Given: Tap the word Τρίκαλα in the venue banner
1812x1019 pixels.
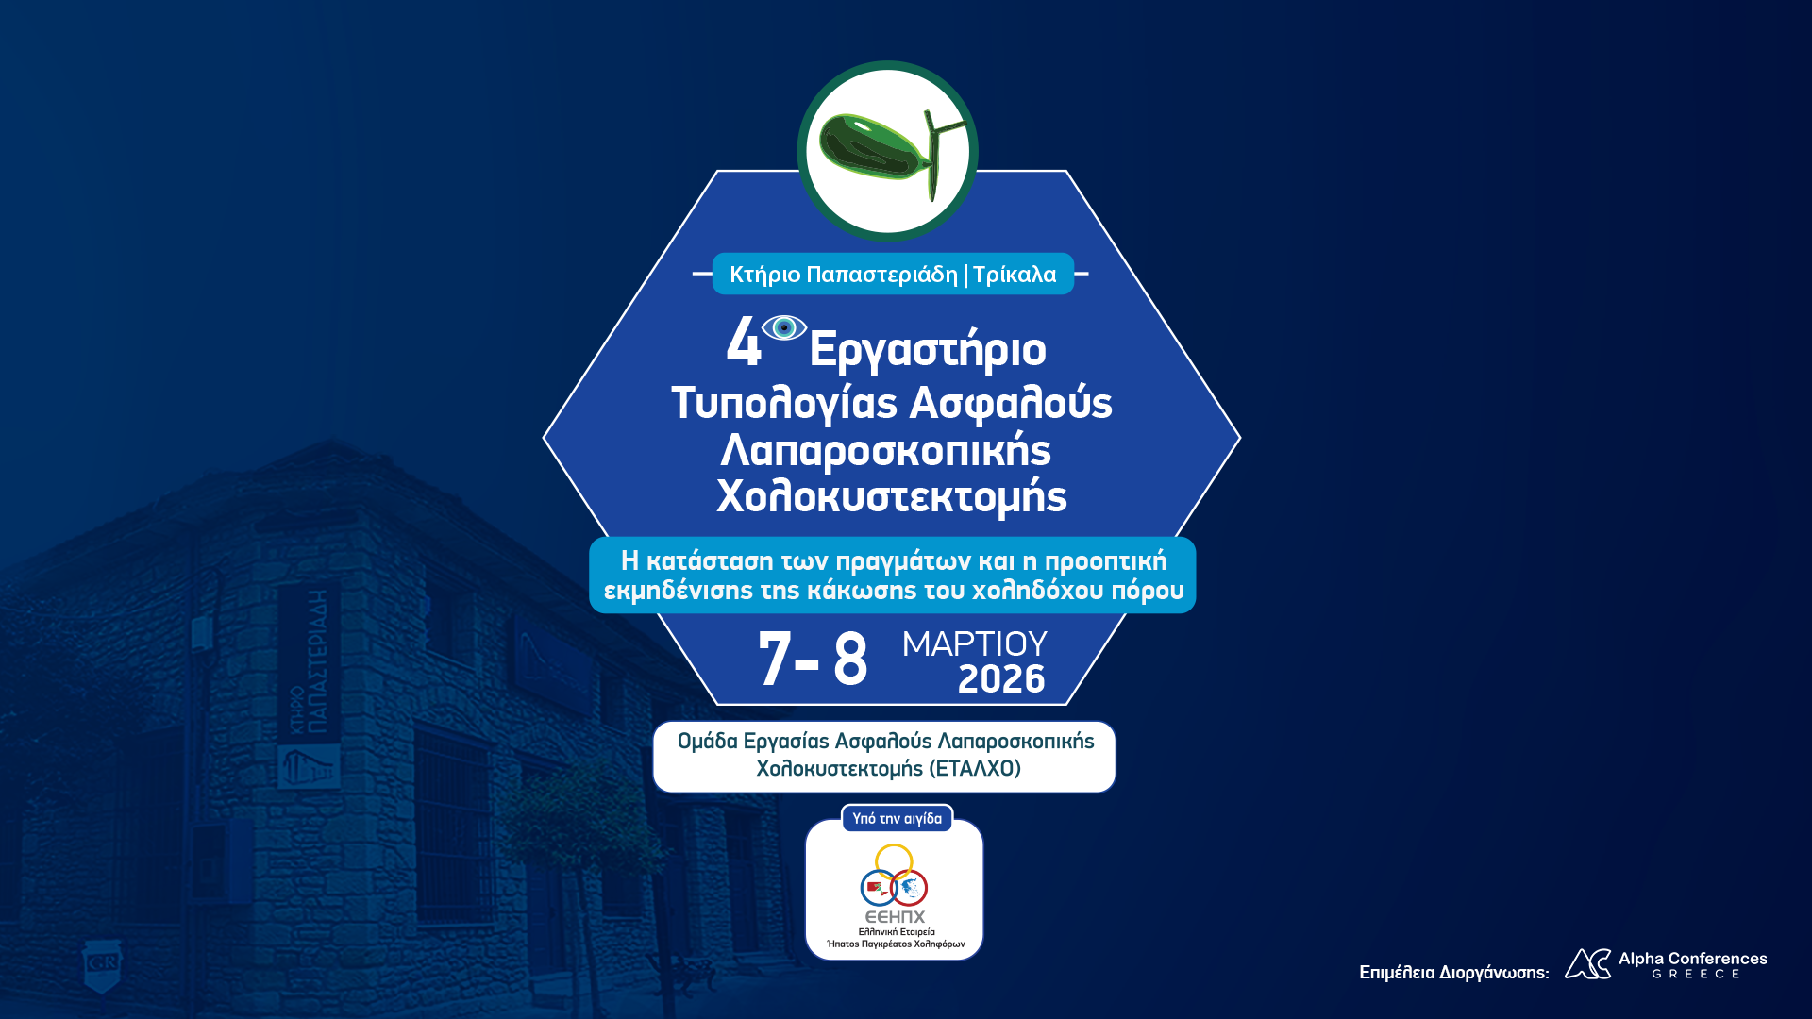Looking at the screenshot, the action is (1015, 275).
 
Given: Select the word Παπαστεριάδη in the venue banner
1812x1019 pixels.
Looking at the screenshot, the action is (882, 275).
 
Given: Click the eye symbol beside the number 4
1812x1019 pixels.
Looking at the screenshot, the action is (784, 327).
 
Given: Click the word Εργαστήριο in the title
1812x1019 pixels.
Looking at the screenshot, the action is (928, 350).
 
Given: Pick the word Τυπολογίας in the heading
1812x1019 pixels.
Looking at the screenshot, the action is (784, 404).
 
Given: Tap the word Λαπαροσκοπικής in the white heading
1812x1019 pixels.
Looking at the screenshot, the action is (885, 451).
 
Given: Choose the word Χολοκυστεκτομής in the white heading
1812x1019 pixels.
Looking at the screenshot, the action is (892, 497).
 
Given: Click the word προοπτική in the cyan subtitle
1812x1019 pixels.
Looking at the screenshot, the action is (1105, 561).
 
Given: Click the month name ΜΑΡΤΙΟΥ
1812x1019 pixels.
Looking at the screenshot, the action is (974, 643).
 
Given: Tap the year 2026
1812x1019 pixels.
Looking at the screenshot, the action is (1001, 679).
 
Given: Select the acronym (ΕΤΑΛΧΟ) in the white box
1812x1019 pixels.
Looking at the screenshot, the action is (975, 769).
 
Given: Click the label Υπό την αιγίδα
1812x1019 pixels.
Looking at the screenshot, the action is (897, 819).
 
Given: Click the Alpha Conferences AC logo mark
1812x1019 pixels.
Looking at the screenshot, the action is (1587, 964).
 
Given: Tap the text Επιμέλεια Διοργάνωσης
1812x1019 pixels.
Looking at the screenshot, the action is (1453, 973).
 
